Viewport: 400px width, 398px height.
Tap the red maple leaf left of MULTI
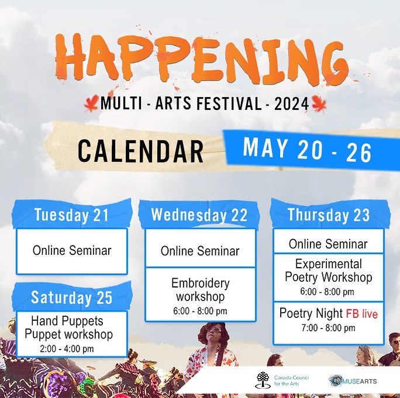[x=91, y=104]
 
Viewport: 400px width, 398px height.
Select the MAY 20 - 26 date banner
[x=307, y=150]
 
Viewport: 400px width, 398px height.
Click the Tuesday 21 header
[x=71, y=215]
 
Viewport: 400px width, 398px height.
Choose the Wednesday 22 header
[x=199, y=214]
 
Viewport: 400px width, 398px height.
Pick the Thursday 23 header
[x=328, y=215]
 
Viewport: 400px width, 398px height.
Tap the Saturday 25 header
[x=71, y=297]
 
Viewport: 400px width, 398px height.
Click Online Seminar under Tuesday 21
[x=71, y=251]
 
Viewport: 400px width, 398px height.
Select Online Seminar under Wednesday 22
[x=200, y=251]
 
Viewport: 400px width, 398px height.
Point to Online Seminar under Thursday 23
[x=328, y=244]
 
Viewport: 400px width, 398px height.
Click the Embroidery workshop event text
[x=200, y=290]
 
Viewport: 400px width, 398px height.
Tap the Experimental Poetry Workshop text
[x=328, y=271]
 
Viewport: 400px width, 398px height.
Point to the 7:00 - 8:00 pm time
[x=328, y=328]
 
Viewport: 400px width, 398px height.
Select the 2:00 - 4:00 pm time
[x=71, y=349]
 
